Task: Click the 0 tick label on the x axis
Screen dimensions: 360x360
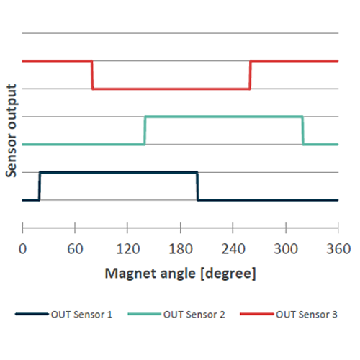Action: pos(23,249)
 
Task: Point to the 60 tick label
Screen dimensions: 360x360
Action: pos(75,249)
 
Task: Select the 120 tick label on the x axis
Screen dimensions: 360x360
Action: pos(127,249)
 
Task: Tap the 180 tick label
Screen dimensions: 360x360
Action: pos(180,249)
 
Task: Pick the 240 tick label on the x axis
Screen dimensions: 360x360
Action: pos(233,249)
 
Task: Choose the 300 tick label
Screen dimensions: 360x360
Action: pos(285,249)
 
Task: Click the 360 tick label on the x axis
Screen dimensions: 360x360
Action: pos(338,249)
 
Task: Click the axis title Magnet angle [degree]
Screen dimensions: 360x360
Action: pos(180,274)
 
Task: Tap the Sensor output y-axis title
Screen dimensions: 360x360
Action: pos(11,130)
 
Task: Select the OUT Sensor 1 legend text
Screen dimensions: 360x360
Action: pos(81,315)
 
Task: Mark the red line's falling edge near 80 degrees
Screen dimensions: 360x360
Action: pos(93,75)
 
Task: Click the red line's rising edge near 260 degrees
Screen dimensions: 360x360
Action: pos(250,75)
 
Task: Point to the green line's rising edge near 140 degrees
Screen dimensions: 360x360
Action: pos(145,130)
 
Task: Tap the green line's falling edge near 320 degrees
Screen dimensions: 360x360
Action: pos(302,130)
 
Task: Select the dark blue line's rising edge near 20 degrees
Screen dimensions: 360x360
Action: pos(40,186)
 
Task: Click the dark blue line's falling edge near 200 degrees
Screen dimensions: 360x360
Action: pos(197,186)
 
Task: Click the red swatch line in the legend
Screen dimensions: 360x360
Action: pos(256,315)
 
